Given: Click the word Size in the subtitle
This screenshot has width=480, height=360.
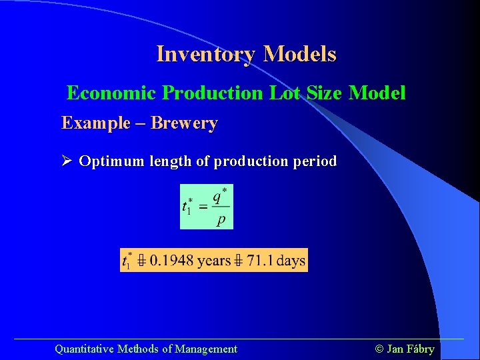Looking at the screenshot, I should [325, 93].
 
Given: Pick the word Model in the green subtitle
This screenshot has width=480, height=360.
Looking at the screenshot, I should [377, 93].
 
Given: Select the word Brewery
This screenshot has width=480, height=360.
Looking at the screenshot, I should [184, 123].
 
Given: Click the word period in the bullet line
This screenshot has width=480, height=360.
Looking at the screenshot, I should [314, 161].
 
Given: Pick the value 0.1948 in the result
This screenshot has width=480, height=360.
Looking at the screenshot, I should [172, 260].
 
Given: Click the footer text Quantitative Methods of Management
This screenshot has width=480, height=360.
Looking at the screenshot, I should [145, 349].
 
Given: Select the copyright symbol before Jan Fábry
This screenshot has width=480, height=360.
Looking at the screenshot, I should [379, 349].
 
